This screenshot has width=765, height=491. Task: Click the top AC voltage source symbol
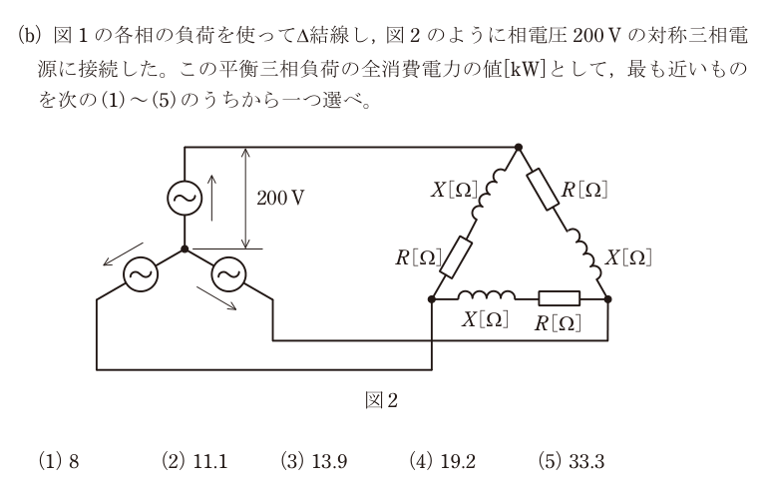click(x=185, y=198)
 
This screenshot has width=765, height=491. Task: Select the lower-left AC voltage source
click(x=141, y=274)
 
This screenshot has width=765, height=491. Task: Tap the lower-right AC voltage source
click(x=228, y=274)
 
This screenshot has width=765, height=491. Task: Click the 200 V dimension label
click(x=280, y=198)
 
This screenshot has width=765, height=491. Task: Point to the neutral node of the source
click(x=185, y=248)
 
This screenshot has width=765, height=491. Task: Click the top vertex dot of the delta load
click(x=519, y=147)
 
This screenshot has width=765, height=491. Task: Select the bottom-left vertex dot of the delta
click(x=431, y=298)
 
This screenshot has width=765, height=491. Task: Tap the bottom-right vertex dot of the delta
click(x=607, y=298)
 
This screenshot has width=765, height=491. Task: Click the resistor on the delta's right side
click(x=544, y=190)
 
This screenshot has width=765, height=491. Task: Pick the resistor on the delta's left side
click(x=456, y=257)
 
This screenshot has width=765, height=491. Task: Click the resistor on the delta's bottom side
click(x=560, y=298)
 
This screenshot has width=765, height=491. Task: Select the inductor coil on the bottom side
click(x=487, y=294)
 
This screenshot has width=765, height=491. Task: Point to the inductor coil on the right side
click(x=584, y=253)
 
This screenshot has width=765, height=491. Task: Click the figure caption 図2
click(x=382, y=401)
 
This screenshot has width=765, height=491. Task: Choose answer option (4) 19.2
click(x=443, y=461)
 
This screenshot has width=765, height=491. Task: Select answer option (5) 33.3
click(x=572, y=461)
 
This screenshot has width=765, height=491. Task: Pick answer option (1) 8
click(x=59, y=461)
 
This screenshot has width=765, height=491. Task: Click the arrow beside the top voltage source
click(x=211, y=199)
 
